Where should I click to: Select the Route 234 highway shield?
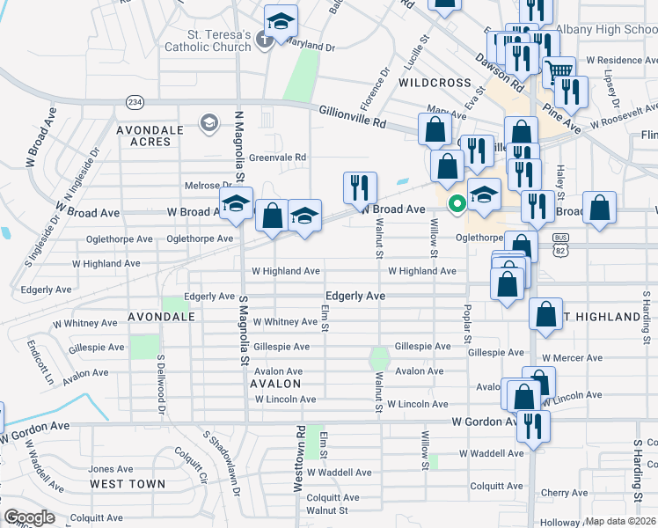[135, 102]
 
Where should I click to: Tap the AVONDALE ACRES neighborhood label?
[150, 136]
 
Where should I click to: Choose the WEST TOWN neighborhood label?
[127, 484]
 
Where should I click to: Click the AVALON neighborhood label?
[275, 385]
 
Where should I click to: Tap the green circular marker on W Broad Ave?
[457, 205]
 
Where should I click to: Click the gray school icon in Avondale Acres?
[208, 121]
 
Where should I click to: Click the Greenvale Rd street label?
[276, 158]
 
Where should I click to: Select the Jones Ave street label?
[110, 469]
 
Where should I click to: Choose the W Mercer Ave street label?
[572, 358]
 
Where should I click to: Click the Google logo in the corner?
[29, 517]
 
